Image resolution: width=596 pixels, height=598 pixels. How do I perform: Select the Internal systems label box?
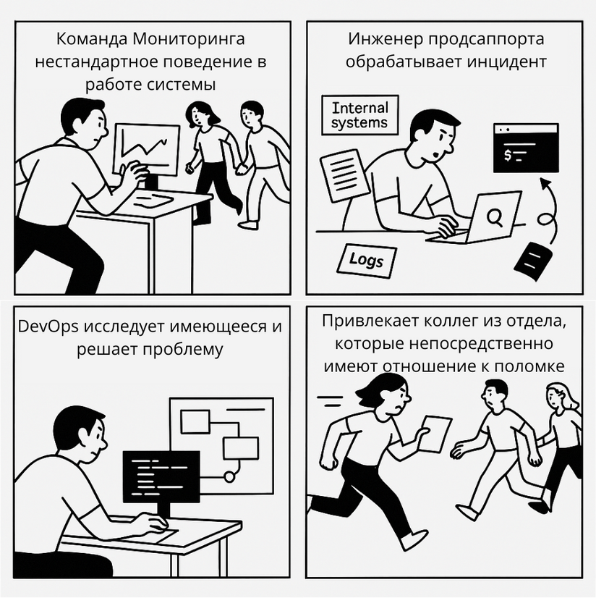[x=359, y=116]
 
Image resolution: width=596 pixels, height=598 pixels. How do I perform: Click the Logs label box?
[x=367, y=260]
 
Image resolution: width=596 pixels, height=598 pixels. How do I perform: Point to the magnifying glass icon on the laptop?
[x=495, y=216]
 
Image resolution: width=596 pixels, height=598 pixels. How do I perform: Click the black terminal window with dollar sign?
[x=525, y=148]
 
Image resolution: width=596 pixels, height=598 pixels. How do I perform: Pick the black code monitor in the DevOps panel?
[x=161, y=475]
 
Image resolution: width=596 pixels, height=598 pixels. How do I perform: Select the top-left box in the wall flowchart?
[x=194, y=421]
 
